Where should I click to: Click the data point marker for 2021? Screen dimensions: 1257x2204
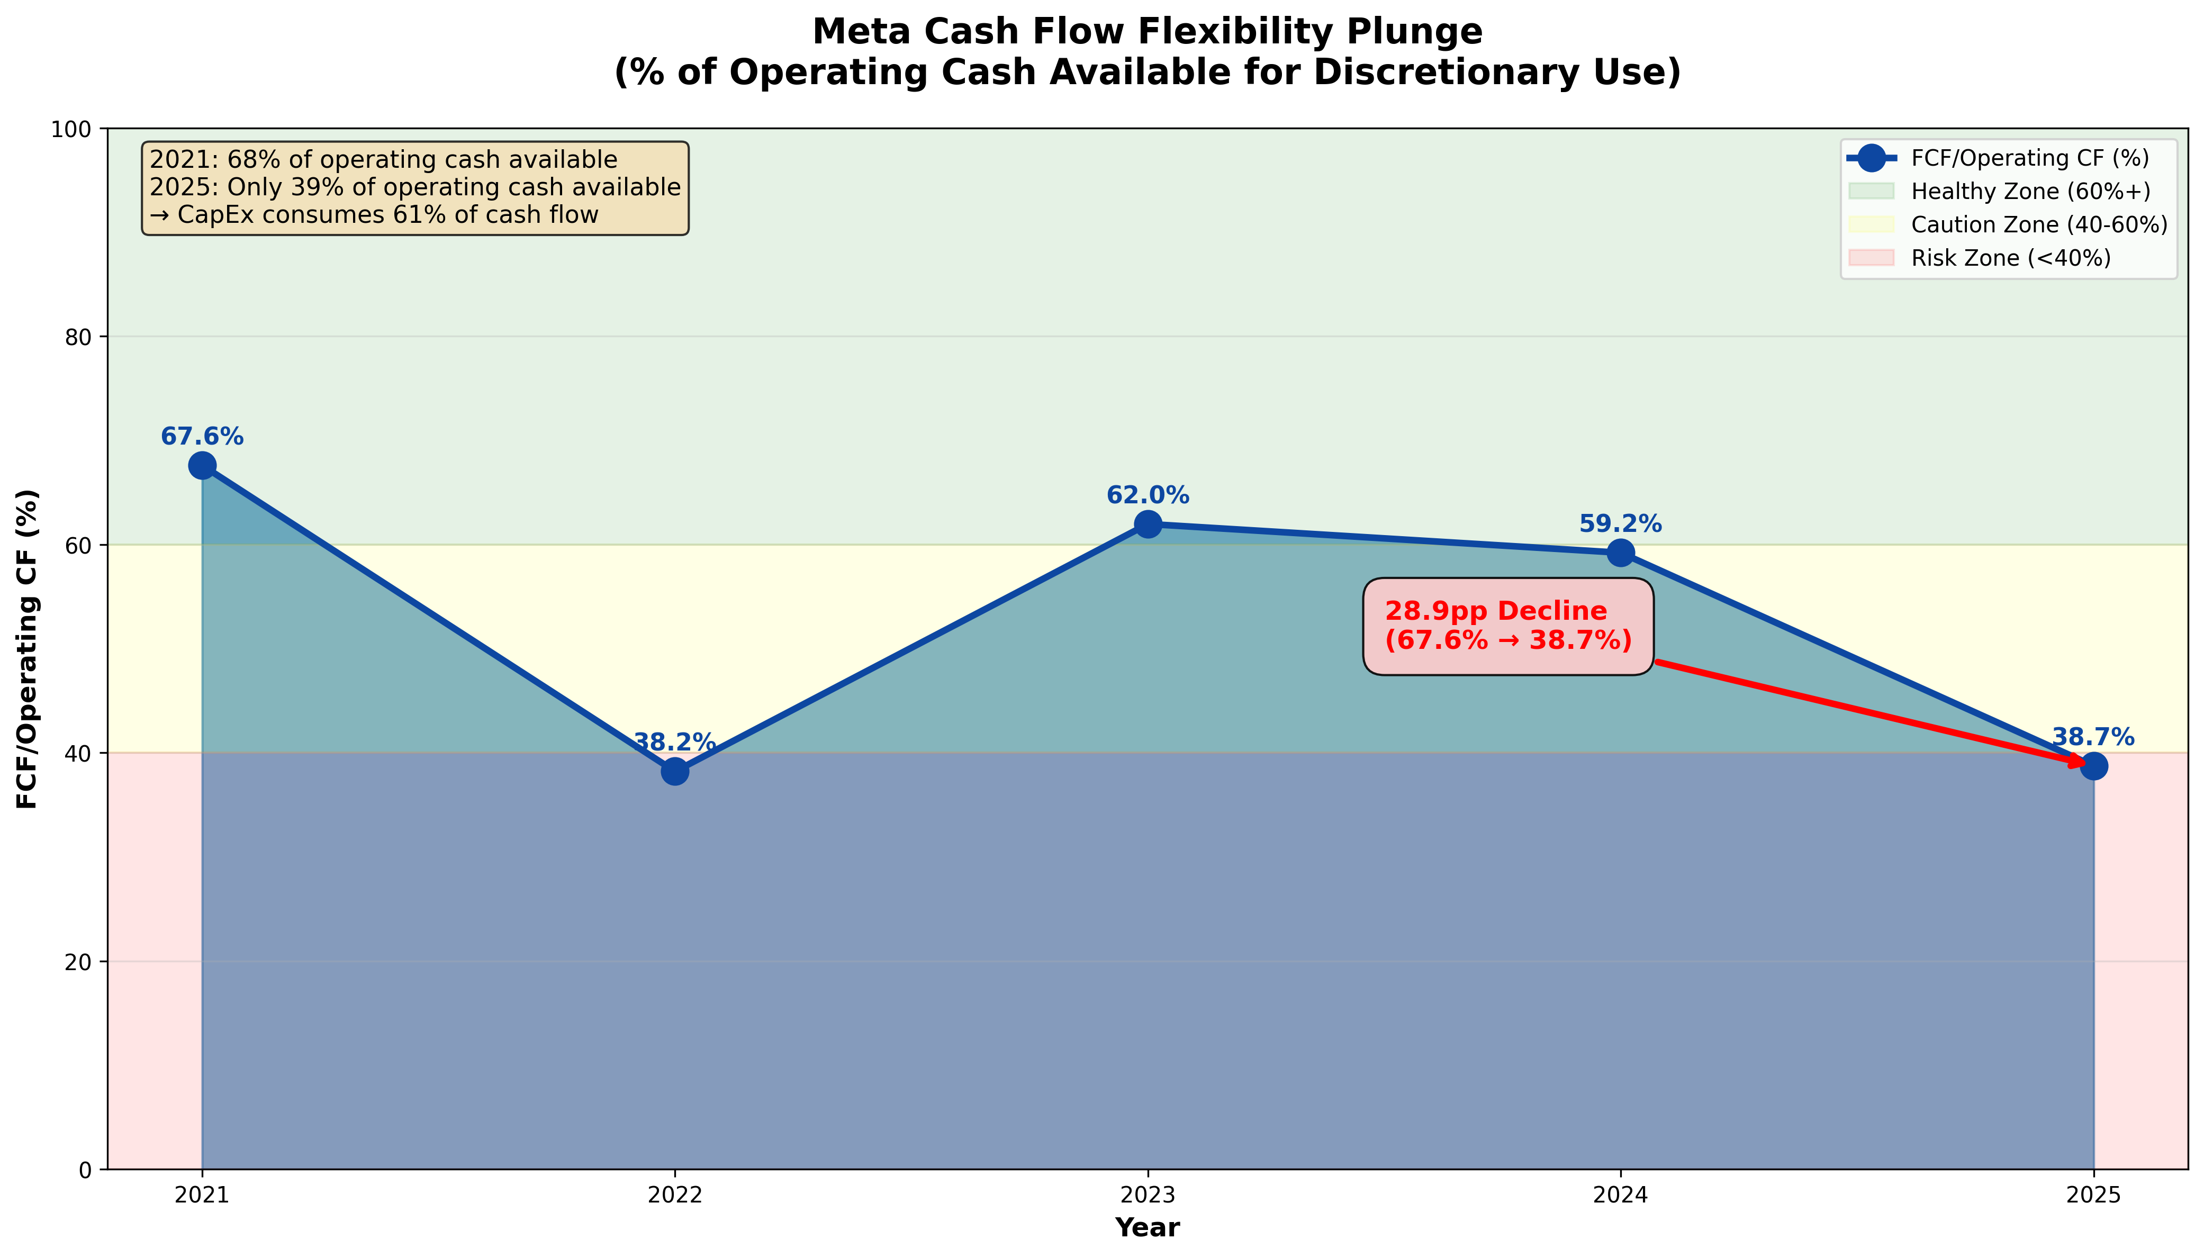[202, 466]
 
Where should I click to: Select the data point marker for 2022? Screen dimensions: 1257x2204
[675, 771]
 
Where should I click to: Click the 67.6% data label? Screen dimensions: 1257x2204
[202, 437]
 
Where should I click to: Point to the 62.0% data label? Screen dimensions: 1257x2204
[1148, 495]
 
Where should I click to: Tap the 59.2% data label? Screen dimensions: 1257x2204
[1620, 524]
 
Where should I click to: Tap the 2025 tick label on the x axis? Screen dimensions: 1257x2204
[2093, 1196]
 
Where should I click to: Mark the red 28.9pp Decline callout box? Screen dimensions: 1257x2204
[1507, 626]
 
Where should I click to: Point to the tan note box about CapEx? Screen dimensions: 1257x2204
[415, 187]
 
